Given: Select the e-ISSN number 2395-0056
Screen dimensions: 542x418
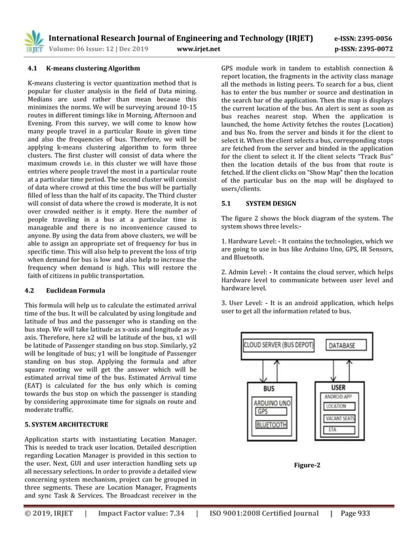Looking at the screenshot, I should [x=373, y=38].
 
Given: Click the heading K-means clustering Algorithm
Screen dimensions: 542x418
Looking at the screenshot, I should [x=92, y=68].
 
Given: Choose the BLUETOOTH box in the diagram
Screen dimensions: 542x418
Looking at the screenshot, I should [x=271, y=425].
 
